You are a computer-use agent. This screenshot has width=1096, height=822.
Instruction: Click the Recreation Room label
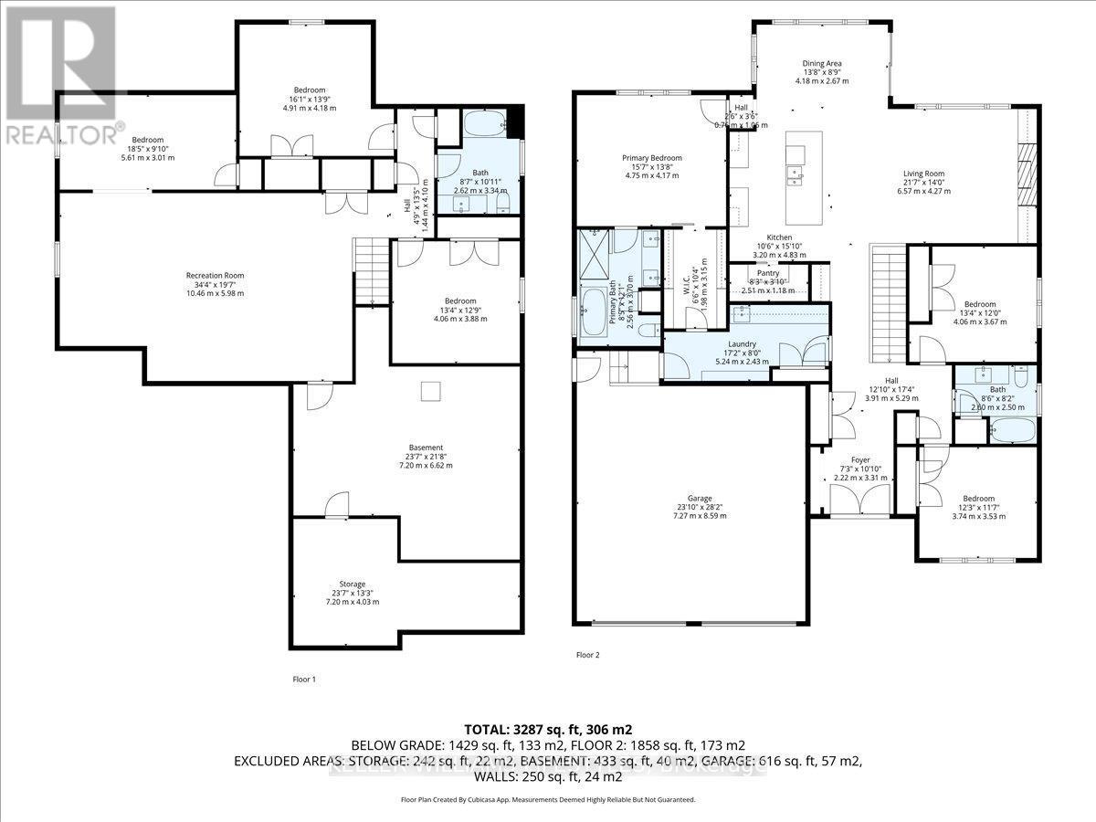pos(215,275)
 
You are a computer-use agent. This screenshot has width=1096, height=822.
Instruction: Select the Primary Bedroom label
pos(652,158)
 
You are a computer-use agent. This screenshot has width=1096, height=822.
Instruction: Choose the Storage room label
pos(353,584)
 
